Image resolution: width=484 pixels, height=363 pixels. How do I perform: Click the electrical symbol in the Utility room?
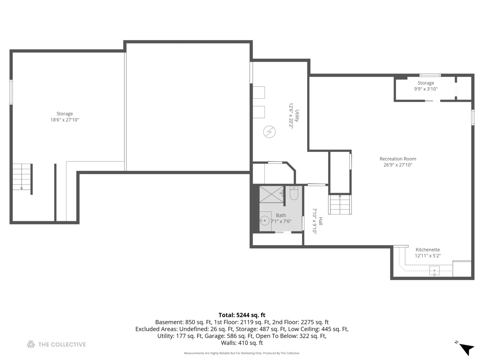[x=269, y=132]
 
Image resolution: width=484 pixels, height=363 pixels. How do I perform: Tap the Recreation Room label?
[x=398, y=159]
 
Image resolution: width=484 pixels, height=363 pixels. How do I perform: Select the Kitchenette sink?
[x=434, y=271]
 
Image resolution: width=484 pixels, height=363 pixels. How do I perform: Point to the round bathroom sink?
[x=265, y=221]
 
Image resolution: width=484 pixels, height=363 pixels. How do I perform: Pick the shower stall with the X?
[x=271, y=194]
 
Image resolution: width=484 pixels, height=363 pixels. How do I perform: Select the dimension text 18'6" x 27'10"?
[x=65, y=120]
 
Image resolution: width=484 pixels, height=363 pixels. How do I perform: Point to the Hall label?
[x=321, y=221]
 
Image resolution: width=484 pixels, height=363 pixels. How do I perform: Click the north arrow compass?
[x=466, y=348]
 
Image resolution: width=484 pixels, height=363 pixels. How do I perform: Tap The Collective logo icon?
[x=31, y=344]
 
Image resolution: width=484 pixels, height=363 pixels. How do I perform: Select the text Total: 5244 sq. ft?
[x=242, y=315]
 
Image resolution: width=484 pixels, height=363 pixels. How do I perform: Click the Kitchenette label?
[x=428, y=250]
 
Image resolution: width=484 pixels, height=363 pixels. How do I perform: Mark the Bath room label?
[x=281, y=215]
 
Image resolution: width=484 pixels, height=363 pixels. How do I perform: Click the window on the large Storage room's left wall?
[x=11, y=92]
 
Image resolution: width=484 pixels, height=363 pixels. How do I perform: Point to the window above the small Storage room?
[x=430, y=75]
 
